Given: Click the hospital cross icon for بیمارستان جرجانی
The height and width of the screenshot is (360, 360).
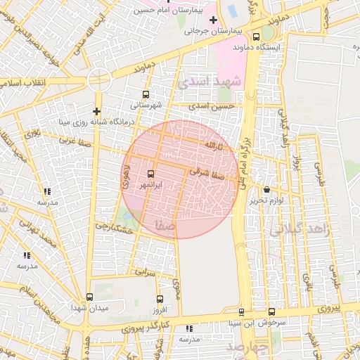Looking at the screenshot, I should click(x=212, y=19).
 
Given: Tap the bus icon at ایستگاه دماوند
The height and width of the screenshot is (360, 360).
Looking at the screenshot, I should click(x=256, y=37).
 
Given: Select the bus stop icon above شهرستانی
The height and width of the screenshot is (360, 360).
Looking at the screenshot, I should click(x=146, y=94).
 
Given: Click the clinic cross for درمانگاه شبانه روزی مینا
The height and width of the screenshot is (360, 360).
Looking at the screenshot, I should click(x=96, y=111).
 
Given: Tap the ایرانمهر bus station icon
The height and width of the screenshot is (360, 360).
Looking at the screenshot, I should click(x=150, y=174).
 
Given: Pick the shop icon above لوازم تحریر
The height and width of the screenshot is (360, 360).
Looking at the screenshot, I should click(x=266, y=190).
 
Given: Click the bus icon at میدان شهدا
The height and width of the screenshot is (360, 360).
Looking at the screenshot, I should click(x=89, y=297).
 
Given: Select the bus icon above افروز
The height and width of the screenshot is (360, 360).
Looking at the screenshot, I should click(x=160, y=299).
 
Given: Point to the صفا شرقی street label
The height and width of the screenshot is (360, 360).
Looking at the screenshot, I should click(x=206, y=173).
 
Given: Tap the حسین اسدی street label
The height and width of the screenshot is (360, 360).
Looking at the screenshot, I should click(x=216, y=105).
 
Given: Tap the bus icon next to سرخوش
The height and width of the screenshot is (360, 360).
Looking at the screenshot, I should click(x=271, y=312).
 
